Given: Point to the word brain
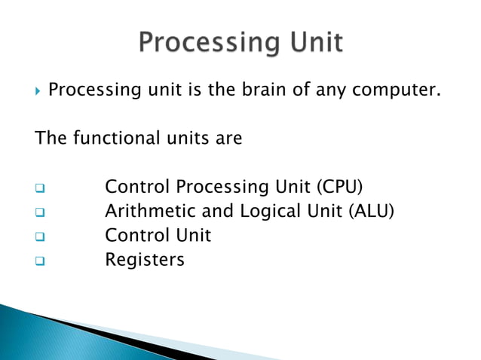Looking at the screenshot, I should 259,91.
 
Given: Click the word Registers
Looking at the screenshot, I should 144,260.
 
